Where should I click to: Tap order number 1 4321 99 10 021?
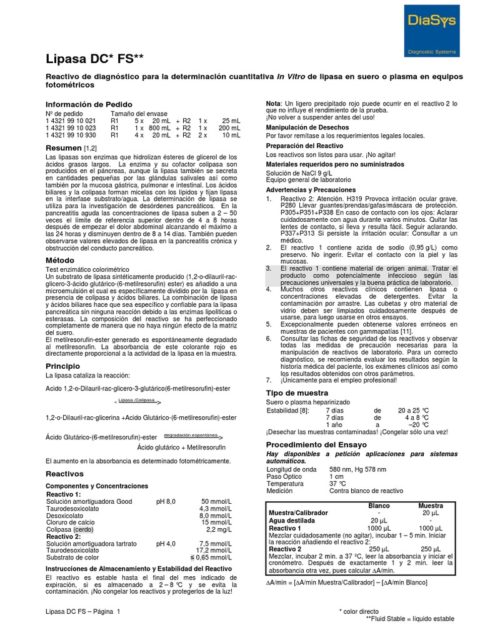pos(71,120)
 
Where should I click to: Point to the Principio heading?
pos(63,365)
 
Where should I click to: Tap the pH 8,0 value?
pos(166,501)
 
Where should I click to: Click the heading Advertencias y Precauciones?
pos(311,189)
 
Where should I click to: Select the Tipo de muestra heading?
pos(297,392)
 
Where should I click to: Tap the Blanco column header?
pos(379,505)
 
